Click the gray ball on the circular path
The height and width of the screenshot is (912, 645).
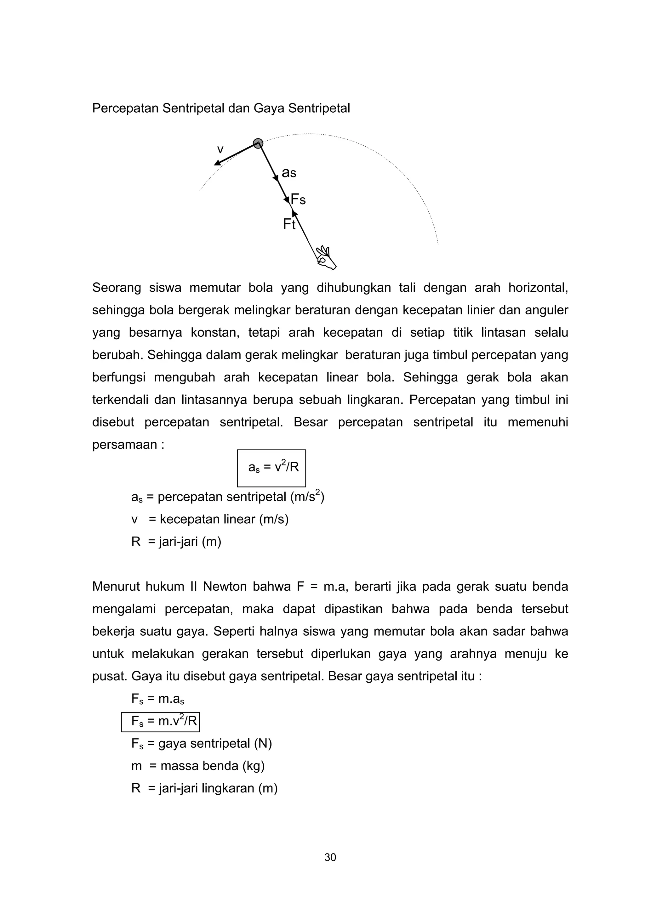tap(258, 144)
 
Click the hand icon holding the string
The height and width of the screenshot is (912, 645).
tap(326, 259)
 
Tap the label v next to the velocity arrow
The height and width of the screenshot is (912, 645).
tap(220, 150)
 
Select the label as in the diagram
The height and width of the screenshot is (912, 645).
tap(289, 173)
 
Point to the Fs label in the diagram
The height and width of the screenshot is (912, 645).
tap(298, 200)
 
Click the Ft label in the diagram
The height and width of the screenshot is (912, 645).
tap(289, 225)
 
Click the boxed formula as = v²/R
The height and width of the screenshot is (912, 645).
tap(271, 468)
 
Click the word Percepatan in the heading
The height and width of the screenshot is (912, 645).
tap(125, 109)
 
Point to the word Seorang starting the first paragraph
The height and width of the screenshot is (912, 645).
tap(117, 288)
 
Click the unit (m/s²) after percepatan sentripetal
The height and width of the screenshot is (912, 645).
tap(307, 497)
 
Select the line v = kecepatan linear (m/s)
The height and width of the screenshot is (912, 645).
tap(210, 520)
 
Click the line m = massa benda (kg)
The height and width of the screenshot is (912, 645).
tap(198, 766)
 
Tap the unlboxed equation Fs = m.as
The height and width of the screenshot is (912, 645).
tap(157, 699)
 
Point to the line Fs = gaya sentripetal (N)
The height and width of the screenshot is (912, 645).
tap(202, 744)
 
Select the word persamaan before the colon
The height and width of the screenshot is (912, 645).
tap(125, 444)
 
